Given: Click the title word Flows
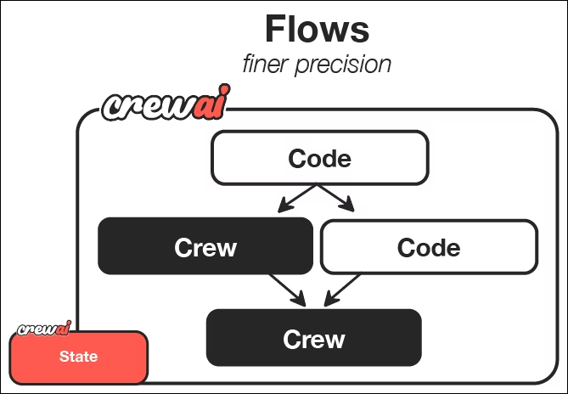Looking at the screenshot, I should [x=317, y=30].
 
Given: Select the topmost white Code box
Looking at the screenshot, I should [x=319, y=158].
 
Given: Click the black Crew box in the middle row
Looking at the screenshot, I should [x=205, y=247].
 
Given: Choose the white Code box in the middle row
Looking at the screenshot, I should [x=428, y=247].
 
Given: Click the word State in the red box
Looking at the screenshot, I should [x=78, y=357].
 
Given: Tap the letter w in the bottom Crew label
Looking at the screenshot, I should [x=334, y=340].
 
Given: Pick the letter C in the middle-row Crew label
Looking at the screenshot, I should [x=183, y=248].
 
